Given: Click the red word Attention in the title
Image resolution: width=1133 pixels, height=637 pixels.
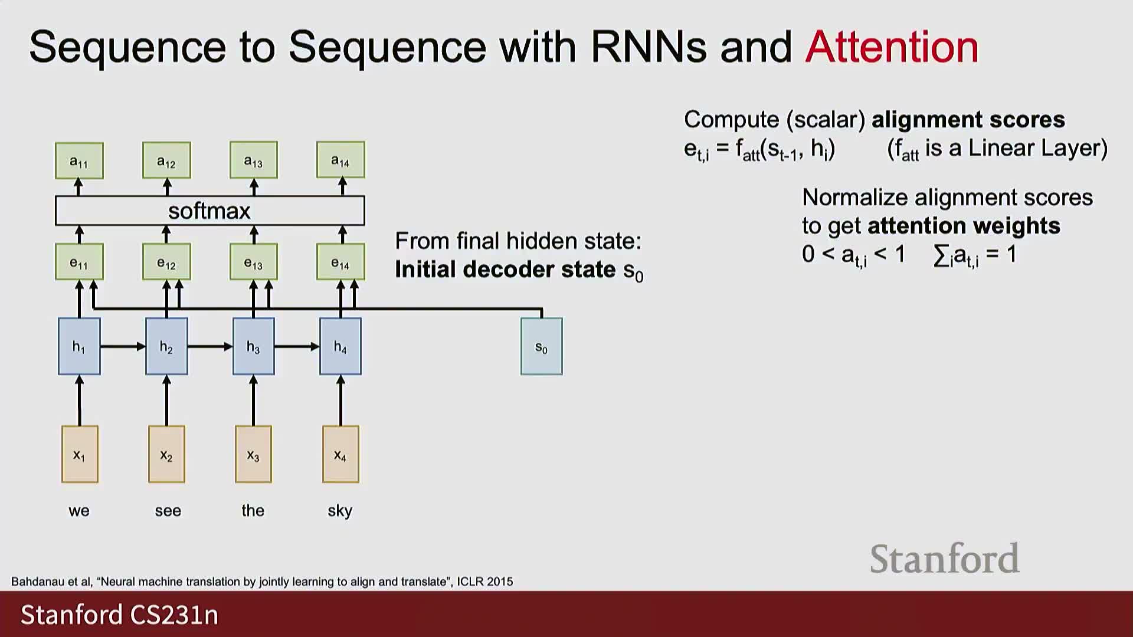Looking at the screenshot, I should coord(892,47).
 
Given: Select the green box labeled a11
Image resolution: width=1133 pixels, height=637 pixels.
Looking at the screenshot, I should coord(79,160).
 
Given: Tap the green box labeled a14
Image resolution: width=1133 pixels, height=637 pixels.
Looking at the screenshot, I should coord(340,160).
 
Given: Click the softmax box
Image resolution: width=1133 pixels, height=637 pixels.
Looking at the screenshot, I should coord(209,211).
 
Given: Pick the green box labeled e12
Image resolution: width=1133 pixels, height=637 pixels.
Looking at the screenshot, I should coord(166,262).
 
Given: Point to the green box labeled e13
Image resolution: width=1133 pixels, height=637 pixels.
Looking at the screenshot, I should coord(253,262).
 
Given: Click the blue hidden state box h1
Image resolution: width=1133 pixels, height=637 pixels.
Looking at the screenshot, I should coord(79,346).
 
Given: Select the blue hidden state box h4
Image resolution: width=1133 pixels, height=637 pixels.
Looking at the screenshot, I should coord(340,346).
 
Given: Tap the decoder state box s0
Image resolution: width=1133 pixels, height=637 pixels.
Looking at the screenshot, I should coord(541,346).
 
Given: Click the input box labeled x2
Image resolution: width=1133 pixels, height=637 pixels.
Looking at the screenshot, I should coord(166,454).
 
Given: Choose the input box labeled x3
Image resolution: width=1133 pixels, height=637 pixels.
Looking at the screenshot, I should coord(253,454).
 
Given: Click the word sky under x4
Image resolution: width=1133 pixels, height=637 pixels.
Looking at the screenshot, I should coord(340,510).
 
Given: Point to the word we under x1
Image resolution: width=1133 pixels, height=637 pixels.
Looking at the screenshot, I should coord(79,511).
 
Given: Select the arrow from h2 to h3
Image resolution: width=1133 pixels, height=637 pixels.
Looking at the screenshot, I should coord(210,346).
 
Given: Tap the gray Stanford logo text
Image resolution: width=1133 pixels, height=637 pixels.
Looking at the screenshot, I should coord(944,559).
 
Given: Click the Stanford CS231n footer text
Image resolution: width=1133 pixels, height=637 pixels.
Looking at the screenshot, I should coord(119,615).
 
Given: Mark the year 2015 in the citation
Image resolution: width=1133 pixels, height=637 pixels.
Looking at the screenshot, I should coord(500,582).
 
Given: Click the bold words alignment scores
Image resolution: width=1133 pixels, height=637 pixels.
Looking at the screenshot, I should coord(968,120).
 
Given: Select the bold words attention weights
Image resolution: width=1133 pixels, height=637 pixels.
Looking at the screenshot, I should coord(964,226).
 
